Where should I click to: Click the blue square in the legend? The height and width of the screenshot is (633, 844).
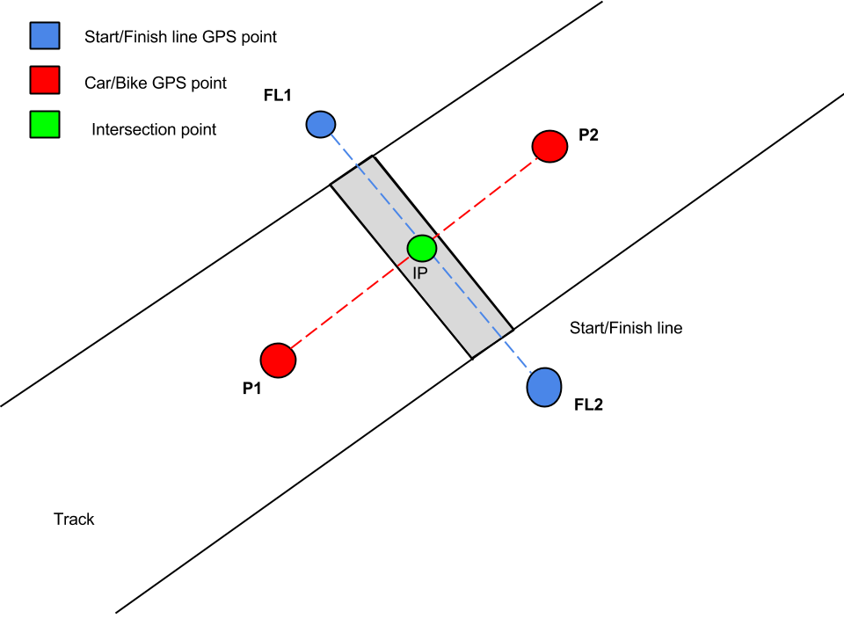click(x=45, y=36)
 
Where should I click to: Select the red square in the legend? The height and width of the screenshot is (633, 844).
click(x=45, y=81)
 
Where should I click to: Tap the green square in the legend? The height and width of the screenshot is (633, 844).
click(x=45, y=126)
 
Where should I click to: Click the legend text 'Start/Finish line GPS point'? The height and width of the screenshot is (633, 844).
click(x=180, y=37)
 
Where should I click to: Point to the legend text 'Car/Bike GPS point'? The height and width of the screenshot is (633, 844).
click(x=156, y=83)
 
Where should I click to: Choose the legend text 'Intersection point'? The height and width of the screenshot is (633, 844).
click(x=154, y=129)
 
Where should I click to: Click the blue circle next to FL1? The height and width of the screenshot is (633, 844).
click(x=320, y=124)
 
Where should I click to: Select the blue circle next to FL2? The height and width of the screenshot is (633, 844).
click(x=544, y=386)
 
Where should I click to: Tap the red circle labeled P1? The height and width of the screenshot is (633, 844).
click(x=278, y=359)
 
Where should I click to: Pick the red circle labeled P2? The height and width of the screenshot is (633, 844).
click(x=549, y=146)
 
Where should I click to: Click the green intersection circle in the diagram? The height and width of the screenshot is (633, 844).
click(x=422, y=248)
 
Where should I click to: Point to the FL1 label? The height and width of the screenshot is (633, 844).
click(x=276, y=94)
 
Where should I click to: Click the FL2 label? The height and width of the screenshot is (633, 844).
click(x=589, y=406)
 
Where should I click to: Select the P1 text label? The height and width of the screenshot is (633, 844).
click(x=253, y=388)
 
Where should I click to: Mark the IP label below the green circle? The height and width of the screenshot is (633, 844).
click(x=420, y=273)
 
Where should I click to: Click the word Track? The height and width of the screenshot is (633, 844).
click(x=74, y=519)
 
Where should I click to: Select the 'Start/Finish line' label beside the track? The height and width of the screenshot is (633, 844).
click(x=626, y=328)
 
